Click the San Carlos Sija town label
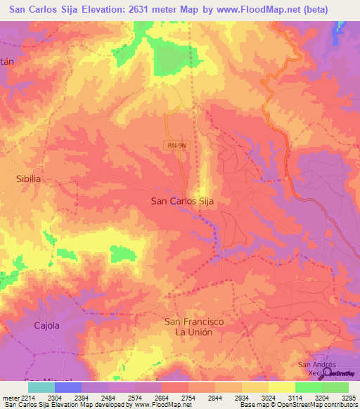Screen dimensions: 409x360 [182, 201]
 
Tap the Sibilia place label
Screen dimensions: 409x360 [29, 179]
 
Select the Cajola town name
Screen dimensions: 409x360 [48, 325]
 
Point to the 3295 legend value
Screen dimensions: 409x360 [348, 397]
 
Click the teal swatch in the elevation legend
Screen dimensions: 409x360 [41, 387]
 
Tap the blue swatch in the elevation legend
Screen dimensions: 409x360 [68, 387]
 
